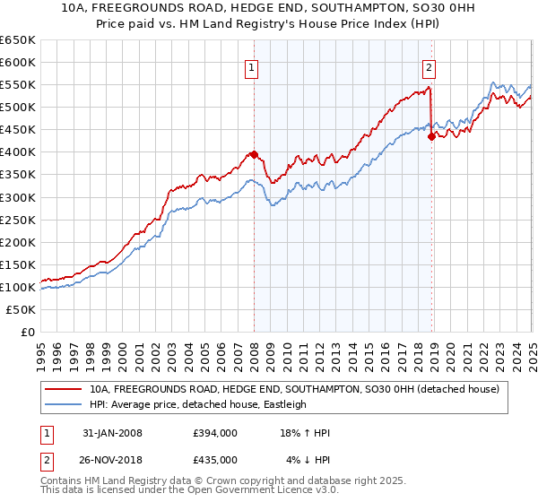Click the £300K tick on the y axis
tap(19, 197)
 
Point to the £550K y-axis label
tap(19, 84)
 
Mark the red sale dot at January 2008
tap(254, 154)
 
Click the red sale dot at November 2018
tap(432, 136)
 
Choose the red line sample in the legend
tap(64, 389)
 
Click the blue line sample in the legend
tap(64, 404)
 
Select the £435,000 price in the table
tap(214, 459)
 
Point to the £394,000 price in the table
tap(214, 433)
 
